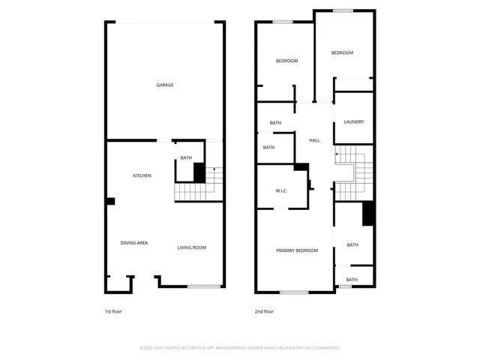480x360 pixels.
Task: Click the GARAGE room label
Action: click(x=165, y=85)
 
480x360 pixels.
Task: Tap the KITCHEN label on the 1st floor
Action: click(x=142, y=175)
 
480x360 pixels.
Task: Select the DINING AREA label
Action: click(x=134, y=243)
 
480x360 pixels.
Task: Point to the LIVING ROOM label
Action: click(x=191, y=247)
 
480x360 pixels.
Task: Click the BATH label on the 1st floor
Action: click(x=186, y=157)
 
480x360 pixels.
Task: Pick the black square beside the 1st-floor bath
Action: click(x=199, y=172)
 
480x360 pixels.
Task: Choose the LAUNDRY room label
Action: click(x=354, y=121)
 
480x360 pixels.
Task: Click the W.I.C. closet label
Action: click(x=281, y=191)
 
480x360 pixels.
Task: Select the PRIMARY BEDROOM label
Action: click(x=296, y=250)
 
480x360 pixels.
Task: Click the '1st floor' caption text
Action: click(x=112, y=311)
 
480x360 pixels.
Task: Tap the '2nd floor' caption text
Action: click(x=264, y=311)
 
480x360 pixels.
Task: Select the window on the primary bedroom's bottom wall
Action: click(x=294, y=291)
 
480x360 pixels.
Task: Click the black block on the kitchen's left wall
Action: click(x=110, y=201)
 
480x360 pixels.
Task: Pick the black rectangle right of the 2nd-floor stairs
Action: click(x=368, y=214)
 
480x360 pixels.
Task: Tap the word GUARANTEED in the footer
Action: click(x=325, y=348)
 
